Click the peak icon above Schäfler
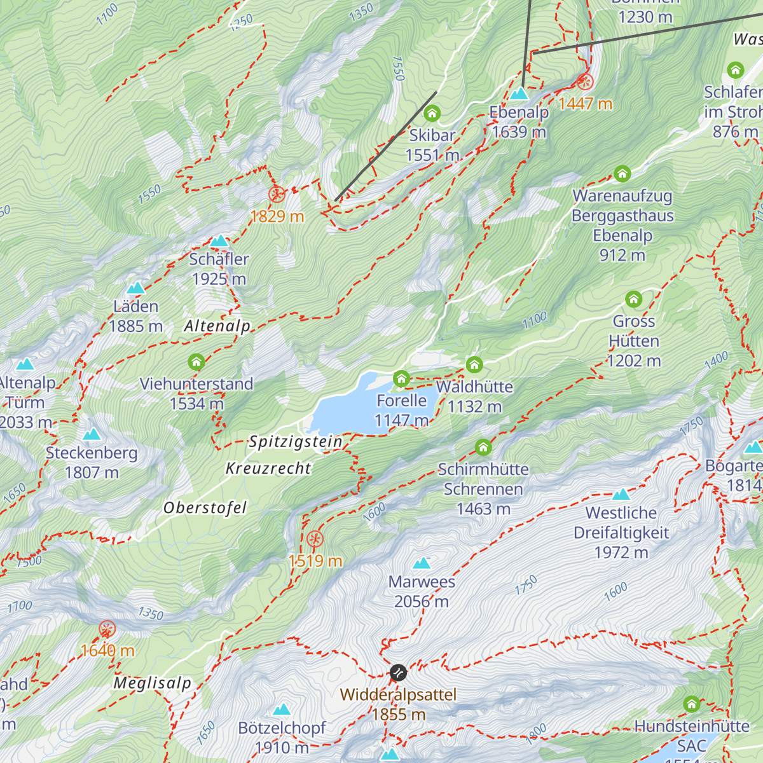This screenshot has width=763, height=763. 219,241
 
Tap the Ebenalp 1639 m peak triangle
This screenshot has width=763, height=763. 519,93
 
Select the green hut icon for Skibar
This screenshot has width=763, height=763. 432,114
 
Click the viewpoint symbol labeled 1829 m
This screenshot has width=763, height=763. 277,194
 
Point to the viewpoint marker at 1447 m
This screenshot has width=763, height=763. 585,81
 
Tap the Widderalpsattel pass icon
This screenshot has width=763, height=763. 398,673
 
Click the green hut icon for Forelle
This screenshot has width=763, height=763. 401,379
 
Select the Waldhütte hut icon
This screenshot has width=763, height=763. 474,365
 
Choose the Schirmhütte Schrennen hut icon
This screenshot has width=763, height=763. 483,448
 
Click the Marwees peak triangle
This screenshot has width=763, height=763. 422,563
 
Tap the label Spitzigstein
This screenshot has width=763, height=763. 296,441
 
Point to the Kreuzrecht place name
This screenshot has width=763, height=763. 268,469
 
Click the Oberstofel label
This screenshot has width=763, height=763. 205,508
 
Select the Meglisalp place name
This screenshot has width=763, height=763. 153,684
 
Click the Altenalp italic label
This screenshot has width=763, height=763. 217,326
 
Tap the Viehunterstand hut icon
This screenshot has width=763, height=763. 196,362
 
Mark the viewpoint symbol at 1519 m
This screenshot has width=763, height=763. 315,540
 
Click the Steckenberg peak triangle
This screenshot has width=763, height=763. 92,434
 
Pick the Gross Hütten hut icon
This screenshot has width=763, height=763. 634,299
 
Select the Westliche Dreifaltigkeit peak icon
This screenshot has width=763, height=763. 621,494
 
